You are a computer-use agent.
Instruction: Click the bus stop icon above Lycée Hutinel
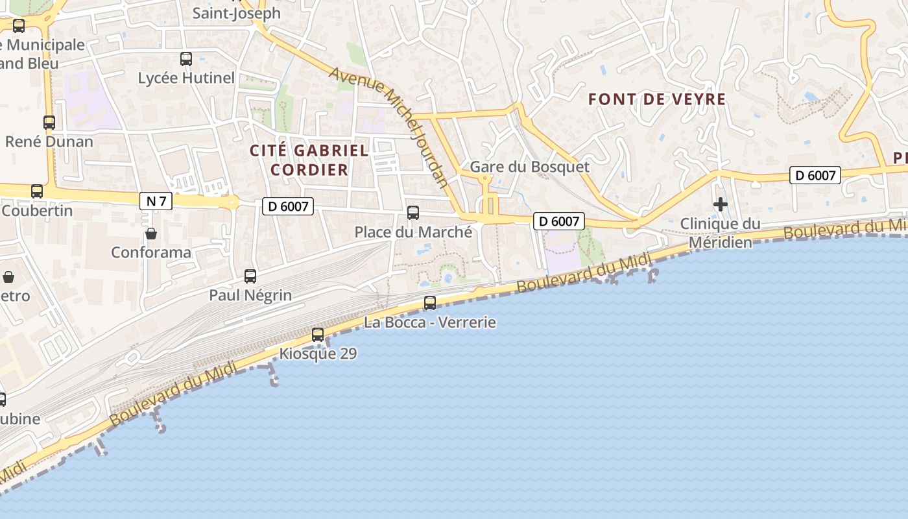[x=186, y=59]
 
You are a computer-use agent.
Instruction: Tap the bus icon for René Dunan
[x=49, y=122]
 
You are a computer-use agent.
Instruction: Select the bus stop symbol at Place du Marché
[x=413, y=212]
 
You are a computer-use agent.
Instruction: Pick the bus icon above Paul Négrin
[x=250, y=276]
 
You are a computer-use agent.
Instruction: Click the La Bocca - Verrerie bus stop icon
[x=429, y=303]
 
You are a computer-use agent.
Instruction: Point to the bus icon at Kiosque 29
[x=318, y=335]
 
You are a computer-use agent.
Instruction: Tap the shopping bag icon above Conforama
[x=151, y=233]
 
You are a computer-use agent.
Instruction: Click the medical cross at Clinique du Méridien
[x=720, y=205]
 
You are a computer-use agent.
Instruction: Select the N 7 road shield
[x=156, y=201]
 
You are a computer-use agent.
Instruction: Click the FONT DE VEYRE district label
[x=656, y=99]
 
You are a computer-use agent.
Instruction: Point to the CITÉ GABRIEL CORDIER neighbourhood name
[x=309, y=160]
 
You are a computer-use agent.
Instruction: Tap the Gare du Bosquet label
[x=529, y=167]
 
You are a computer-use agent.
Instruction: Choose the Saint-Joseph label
[x=237, y=13]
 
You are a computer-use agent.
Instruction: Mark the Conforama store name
[x=151, y=252]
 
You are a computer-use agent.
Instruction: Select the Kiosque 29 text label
[x=318, y=354]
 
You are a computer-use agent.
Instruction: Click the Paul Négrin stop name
[x=250, y=295]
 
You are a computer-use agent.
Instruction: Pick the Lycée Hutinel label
[x=186, y=78]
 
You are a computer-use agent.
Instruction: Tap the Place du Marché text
[x=413, y=232]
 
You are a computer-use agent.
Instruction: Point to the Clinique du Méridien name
[x=720, y=233]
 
